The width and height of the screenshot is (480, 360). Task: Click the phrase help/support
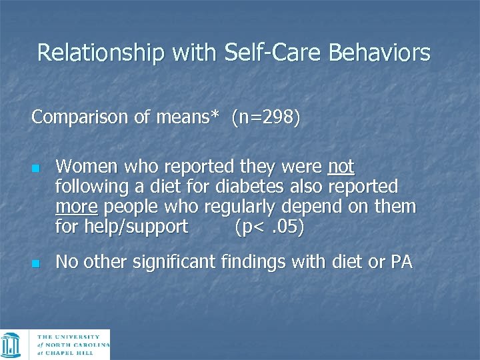tap(136, 227)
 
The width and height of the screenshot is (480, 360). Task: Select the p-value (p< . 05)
tap(269, 227)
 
